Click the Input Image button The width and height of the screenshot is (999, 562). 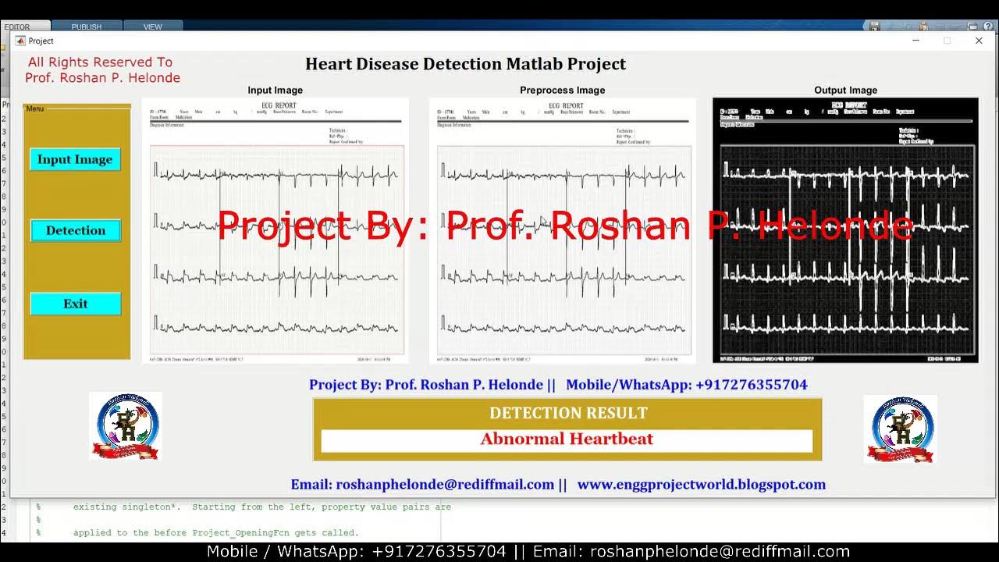[x=75, y=159]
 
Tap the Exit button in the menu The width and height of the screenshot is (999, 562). [x=76, y=304]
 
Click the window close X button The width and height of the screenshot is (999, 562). [x=979, y=41]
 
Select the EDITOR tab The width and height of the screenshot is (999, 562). [x=17, y=27]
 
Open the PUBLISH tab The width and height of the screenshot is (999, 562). [x=87, y=27]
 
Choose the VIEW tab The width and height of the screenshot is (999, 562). [x=153, y=27]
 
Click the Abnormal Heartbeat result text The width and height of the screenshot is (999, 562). [x=567, y=439]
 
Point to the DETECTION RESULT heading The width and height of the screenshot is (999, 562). [x=568, y=413]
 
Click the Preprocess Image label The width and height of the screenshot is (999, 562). [x=562, y=91]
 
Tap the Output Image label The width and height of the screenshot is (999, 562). [x=845, y=91]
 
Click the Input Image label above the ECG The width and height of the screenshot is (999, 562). [x=275, y=91]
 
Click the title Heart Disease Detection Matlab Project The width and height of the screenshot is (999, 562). [x=465, y=64]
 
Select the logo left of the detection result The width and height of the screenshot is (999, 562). [x=125, y=426]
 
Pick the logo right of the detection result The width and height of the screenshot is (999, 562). [x=901, y=429]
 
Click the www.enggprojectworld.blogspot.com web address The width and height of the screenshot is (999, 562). [x=701, y=485]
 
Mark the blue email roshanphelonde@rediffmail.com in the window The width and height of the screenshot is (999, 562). [x=422, y=485]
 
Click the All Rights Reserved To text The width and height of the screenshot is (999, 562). [x=101, y=62]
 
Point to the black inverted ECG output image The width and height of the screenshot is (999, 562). [x=845, y=230]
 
